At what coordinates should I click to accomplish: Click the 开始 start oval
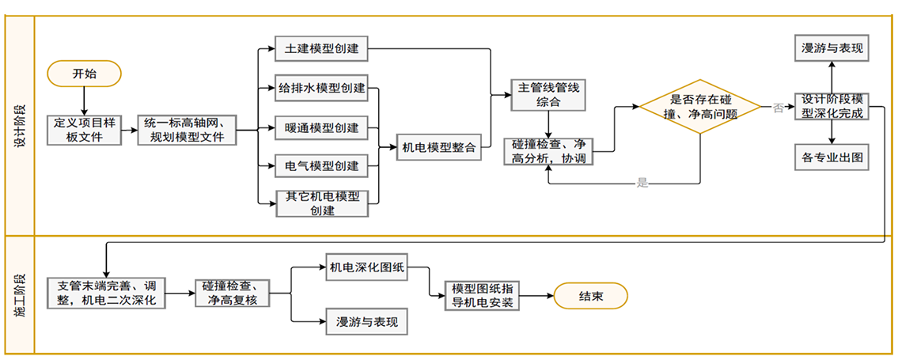pos(84,74)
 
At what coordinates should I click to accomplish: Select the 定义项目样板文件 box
pos(85,130)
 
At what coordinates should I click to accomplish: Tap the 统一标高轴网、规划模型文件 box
pos(188,130)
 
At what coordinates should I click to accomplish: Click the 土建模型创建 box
pos(321,49)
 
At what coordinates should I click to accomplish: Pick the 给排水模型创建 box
pos(321,88)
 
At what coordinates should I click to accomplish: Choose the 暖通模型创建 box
pos(321,128)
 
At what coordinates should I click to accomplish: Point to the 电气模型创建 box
pos(321,166)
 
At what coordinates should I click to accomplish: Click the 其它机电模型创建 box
pos(321,203)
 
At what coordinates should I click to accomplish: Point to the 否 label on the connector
pos(779,108)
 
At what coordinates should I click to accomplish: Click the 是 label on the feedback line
pos(642,184)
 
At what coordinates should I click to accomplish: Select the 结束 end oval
pos(590,297)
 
